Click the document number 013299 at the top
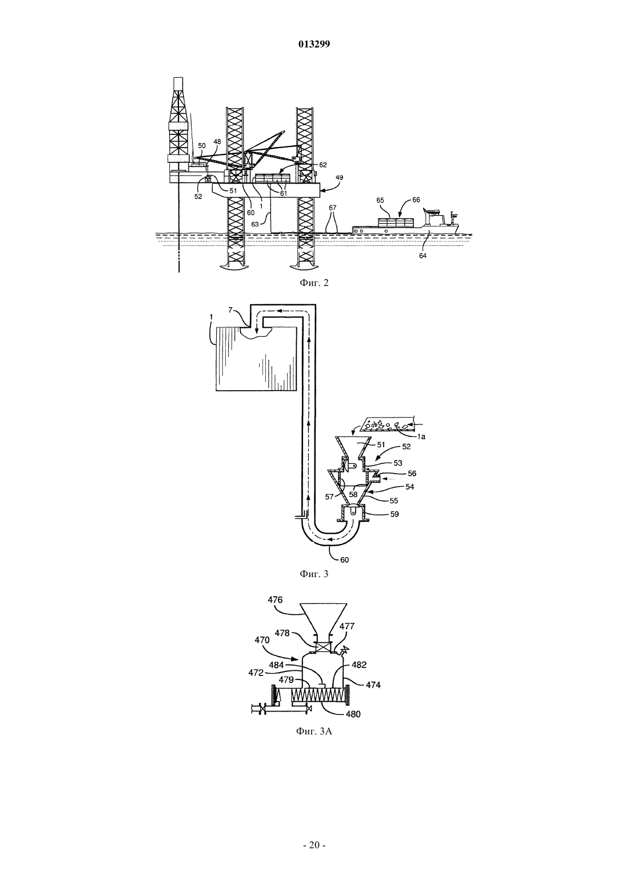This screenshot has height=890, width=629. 314,45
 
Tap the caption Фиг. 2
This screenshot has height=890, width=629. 314,283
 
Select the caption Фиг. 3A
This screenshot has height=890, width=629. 314,731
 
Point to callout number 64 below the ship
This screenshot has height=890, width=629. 423,256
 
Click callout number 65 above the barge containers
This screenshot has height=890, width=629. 380,201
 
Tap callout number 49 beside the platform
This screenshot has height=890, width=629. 339,177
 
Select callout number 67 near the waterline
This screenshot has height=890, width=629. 332,208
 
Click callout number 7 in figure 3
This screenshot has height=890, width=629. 230,309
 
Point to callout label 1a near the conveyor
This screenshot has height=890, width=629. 421,436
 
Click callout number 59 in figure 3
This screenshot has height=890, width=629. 395,514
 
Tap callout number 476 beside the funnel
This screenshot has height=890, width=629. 275,599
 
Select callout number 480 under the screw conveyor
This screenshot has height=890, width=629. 353,714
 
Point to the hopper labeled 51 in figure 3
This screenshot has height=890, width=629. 353,447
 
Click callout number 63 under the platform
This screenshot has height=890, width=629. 255,224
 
